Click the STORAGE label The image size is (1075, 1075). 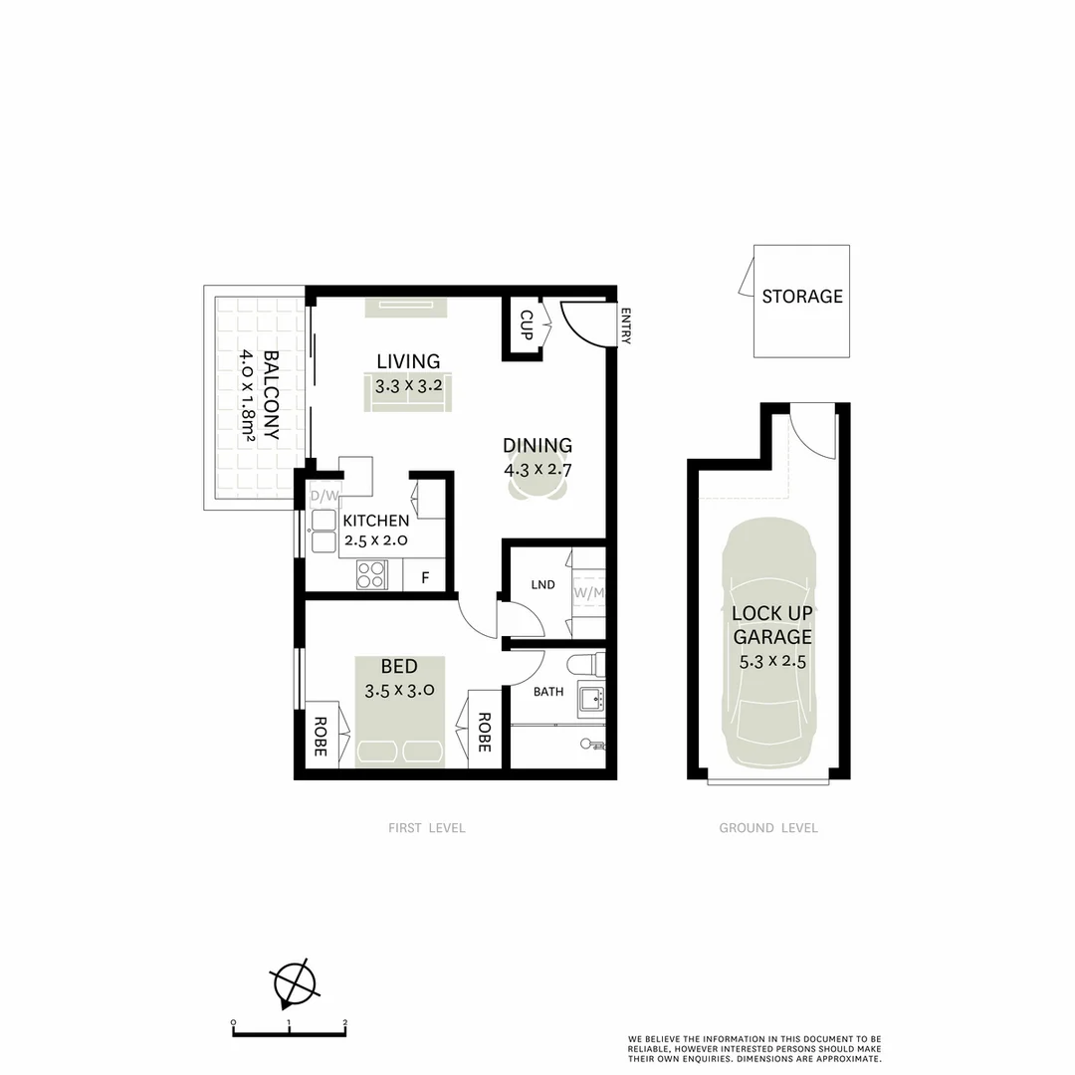801,297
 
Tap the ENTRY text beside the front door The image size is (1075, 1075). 626,326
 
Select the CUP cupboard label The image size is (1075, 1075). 527,323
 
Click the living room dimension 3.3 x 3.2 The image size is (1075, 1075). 408,384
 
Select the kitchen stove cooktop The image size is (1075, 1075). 371,575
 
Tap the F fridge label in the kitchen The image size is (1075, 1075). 425,577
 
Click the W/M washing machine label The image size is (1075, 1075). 588,594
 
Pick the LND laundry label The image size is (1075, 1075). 542,585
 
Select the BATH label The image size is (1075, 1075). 548,692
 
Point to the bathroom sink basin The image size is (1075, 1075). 591,697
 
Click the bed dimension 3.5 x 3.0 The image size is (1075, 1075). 398,689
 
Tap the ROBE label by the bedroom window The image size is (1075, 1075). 321,737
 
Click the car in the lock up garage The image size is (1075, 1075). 771,647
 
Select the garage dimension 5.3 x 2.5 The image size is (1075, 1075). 771,660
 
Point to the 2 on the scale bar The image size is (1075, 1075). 344,1022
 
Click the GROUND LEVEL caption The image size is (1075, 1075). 768,828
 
